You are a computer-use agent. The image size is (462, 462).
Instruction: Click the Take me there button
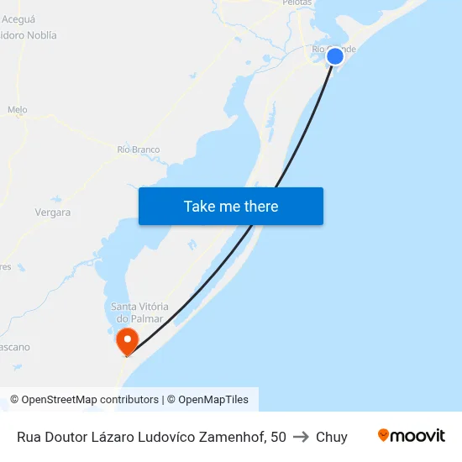[x=231, y=206]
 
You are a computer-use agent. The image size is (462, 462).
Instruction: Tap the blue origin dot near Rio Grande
[x=334, y=56]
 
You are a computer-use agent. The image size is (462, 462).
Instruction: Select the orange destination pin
[x=127, y=340]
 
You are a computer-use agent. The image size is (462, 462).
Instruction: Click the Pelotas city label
[x=297, y=3]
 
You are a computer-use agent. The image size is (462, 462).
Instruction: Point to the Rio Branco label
[x=139, y=150]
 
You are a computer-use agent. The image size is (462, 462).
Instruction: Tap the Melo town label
[x=17, y=110]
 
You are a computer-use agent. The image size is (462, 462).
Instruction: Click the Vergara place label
[x=53, y=213]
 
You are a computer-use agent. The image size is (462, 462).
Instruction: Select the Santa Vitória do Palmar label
[x=139, y=312]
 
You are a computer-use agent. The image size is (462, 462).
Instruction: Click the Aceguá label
[x=18, y=18]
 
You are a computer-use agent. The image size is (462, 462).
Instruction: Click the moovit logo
[x=412, y=435]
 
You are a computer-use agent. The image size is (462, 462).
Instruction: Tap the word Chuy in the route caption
[x=332, y=437]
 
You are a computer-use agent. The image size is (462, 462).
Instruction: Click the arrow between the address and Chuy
[x=301, y=437]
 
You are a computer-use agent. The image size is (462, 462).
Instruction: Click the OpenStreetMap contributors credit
[x=90, y=400]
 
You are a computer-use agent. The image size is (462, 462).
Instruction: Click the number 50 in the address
[x=278, y=437]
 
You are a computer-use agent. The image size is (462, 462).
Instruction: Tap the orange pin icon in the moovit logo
[x=384, y=435]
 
